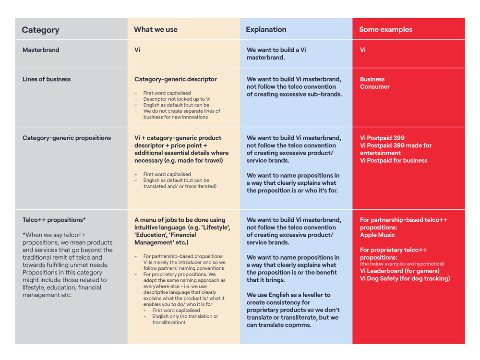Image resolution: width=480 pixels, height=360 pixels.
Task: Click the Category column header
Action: pyautogui.click(x=40, y=30)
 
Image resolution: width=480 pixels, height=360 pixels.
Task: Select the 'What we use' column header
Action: pyautogui.click(x=156, y=30)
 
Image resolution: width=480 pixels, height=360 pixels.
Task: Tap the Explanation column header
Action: pyautogui.click(x=266, y=30)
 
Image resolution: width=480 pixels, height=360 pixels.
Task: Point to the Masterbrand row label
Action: pyautogui.click(x=41, y=50)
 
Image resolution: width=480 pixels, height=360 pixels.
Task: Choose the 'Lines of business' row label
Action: pyautogui.click(x=47, y=79)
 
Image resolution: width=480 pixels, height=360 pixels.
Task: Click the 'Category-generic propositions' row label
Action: pyautogui.click(x=67, y=138)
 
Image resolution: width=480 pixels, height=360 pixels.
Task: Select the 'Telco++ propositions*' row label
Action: pyautogui.click(x=54, y=220)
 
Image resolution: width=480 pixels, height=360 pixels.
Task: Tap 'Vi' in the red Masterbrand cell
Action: pyautogui.click(x=363, y=50)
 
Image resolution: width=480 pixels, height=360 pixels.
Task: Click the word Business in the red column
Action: pyautogui.click(x=372, y=79)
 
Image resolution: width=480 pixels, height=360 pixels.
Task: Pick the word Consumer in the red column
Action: pyautogui.click(x=375, y=87)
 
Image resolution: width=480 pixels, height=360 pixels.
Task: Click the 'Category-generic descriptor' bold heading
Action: pyautogui.click(x=176, y=79)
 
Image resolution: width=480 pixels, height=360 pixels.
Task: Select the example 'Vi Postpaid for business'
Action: pyautogui.click(x=394, y=161)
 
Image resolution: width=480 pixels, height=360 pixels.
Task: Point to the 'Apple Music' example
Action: pyautogui.click(x=378, y=235)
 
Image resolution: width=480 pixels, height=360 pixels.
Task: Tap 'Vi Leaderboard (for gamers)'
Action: pyautogui.click(x=400, y=271)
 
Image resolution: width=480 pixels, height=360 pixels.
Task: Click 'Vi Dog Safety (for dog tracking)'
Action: pyautogui.click(x=405, y=279)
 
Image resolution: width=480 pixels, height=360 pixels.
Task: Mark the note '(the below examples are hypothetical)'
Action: pyautogui.click(x=402, y=264)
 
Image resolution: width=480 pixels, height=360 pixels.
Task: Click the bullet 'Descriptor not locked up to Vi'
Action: pyautogui.click(x=177, y=99)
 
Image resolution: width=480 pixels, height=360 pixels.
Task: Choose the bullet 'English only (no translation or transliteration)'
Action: pyautogui.click(x=185, y=319)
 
